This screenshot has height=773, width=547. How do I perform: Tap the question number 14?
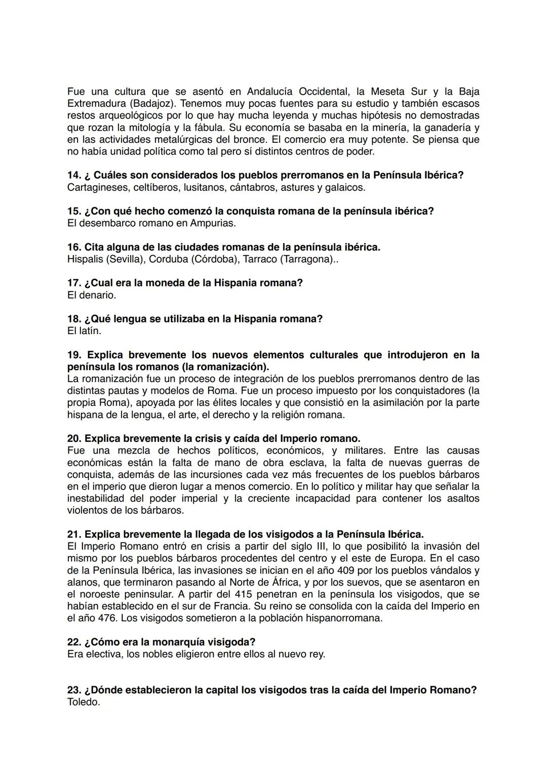click(x=74, y=175)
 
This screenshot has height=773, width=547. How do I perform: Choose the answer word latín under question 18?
click(x=92, y=331)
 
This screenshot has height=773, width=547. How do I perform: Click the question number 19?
click(x=74, y=355)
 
